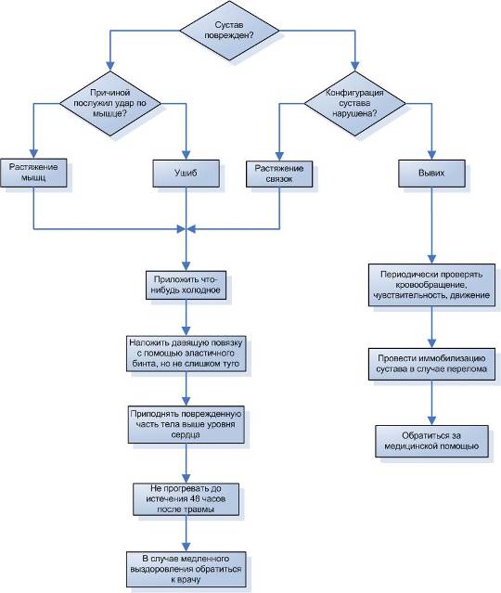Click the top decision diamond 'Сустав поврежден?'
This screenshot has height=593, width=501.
tap(229, 31)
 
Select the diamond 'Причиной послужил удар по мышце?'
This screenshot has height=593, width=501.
tap(110, 103)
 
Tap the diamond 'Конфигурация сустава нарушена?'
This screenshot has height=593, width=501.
tap(354, 103)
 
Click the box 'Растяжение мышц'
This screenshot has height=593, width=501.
tap(33, 173)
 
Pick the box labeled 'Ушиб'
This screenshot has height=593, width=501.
tap(186, 174)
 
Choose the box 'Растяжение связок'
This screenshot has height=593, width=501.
tap(279, 174)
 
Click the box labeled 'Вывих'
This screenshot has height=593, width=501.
tap(431, 174)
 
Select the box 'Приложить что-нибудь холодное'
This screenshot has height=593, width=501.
tap(186, 285)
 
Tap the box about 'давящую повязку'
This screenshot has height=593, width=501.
tap(186, 354)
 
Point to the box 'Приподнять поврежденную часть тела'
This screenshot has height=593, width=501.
tap(186, 425)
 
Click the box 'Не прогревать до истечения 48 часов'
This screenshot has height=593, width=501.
tap(186, 499)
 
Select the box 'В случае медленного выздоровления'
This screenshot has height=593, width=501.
tap(186, 569)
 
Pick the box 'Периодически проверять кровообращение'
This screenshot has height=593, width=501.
tap(431, 285)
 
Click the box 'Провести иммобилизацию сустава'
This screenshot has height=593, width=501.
tap(431, 364)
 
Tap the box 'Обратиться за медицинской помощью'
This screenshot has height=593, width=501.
tap(431, 442)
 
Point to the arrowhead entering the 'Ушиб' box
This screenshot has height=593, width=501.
tap(186, 155)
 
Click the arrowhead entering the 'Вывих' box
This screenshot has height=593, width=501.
tap(431, 155)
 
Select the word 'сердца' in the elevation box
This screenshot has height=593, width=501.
tap(186, 434)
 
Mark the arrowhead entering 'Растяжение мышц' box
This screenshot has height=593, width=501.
tap(33, 154)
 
